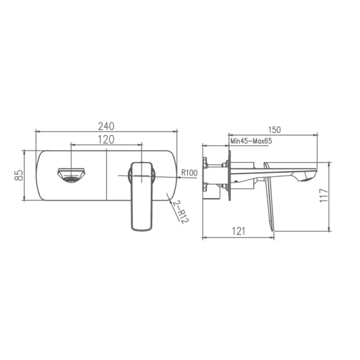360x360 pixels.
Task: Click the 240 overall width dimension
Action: [x=106, y=126]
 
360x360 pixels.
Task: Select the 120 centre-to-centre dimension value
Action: [x=106, y=140]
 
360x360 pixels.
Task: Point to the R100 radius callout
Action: [x=190, y=173]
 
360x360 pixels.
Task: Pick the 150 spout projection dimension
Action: [x=275, y=130]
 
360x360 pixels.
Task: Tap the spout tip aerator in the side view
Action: [x=309, y=175]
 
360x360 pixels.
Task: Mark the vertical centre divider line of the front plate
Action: [x=107, y=175]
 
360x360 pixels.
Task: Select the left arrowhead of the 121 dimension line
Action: [x=205, y=238]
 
